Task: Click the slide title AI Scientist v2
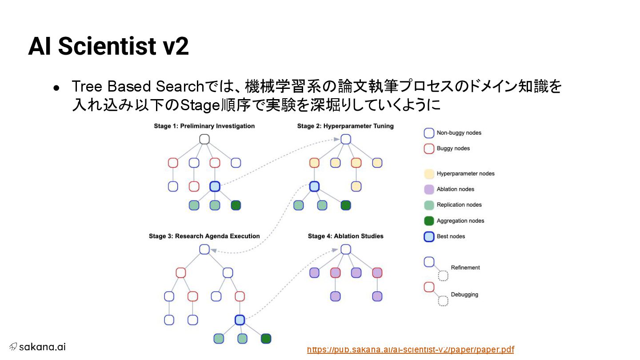108,46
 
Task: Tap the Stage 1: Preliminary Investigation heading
204,126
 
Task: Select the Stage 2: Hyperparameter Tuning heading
345,126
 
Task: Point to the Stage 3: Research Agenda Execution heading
204,236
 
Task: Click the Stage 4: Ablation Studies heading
345,236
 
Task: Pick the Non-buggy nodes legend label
459,133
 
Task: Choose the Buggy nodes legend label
453,148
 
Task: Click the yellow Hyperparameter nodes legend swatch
429,174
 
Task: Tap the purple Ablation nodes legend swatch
429,189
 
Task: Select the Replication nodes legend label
459,205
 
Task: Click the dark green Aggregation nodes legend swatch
429,221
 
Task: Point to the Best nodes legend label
451,236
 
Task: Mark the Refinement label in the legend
465,268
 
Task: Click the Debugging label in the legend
464,295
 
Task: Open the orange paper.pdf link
410,349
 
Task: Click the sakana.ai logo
37,347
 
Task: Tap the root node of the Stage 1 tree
204,139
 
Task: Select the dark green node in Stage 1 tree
236,205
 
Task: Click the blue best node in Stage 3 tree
240,320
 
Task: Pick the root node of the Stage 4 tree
346,249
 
